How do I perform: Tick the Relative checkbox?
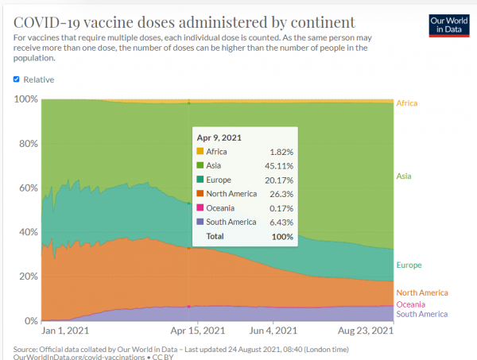coord(17,79)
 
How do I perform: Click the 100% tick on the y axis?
coord(26,99)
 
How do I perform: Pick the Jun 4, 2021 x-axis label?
coord(273,331)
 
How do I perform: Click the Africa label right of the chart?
coord(406,103)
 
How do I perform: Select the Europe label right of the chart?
coord(409,265)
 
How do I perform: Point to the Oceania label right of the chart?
coord(411,304)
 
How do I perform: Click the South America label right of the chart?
coord(421,315)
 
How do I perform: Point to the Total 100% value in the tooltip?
coord(281,236)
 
